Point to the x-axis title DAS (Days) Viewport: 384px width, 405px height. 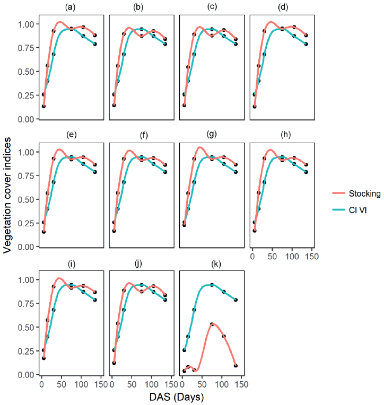point(176,397)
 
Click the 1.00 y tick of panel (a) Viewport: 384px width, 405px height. point(26,24)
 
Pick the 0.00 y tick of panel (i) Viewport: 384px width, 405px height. point(26,374)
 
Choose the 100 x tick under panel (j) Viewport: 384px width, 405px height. point(151,384)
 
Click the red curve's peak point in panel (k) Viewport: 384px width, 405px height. point(212,324)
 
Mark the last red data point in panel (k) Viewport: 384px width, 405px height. point(235,366)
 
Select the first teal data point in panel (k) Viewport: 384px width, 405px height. point(185,350)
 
